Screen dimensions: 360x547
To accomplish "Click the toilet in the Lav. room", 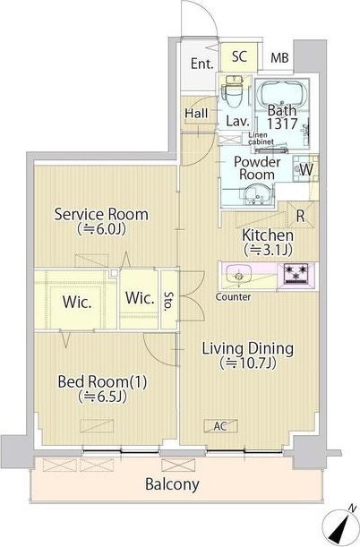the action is (234, 91).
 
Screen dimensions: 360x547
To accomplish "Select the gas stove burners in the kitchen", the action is (296, 274).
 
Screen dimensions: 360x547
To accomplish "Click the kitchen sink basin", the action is (238, 275).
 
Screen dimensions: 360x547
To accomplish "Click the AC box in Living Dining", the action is (221, 426).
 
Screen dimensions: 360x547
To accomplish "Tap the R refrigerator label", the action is (300, 217).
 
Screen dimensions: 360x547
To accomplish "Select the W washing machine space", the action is (306, 169).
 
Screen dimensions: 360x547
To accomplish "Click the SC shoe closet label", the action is (239, 56).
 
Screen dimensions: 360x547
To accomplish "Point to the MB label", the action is (279, 57).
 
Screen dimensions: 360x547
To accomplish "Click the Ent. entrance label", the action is (202, 64).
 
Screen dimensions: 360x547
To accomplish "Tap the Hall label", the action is (196, 113).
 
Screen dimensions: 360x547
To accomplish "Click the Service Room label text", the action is (101, 214).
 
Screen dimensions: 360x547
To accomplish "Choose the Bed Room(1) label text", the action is (102, 381).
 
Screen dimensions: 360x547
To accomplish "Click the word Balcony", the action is (172, 484).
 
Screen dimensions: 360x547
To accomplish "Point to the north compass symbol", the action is (340, 526).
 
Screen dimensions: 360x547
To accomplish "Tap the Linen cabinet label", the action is (261, 139).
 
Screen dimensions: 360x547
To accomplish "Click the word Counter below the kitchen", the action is (233, 297).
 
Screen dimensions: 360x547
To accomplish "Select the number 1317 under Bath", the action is (282, 124).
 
